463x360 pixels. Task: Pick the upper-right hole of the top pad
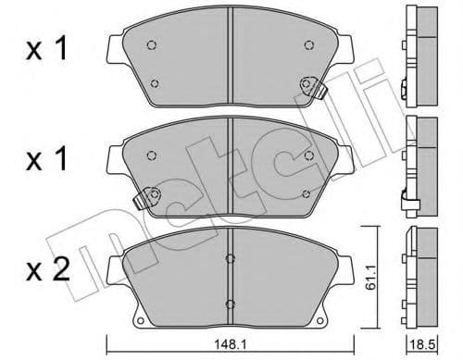[x=308, y=44]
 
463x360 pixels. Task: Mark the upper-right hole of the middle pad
[x=308, y=155]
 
